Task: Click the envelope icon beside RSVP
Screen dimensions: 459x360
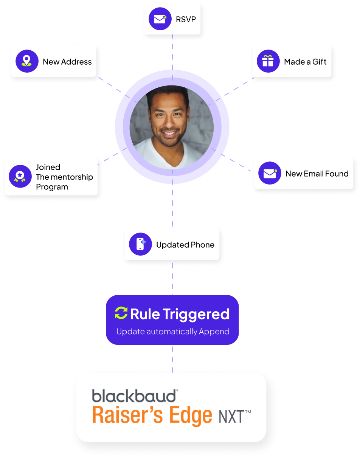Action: point(160,19)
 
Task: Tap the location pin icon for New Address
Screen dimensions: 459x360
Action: point(27,61)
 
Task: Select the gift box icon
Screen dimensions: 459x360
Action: point(268,61)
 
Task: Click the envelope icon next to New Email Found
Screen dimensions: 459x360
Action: point(270,174)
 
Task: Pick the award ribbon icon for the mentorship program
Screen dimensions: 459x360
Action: point(20,177)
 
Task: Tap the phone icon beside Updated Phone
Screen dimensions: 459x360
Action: point(140,244)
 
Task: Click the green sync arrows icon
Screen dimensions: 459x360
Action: point(121,313)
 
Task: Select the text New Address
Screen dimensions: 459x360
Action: point(67,62)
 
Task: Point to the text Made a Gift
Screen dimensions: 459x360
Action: point(305,62)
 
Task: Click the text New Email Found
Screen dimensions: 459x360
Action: point(317,174)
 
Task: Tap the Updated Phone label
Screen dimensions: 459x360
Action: point(185,245)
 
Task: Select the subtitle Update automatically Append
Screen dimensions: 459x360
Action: point(173,332)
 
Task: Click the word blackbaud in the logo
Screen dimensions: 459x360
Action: point(134,396)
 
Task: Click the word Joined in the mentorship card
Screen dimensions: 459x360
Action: point(48,167)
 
